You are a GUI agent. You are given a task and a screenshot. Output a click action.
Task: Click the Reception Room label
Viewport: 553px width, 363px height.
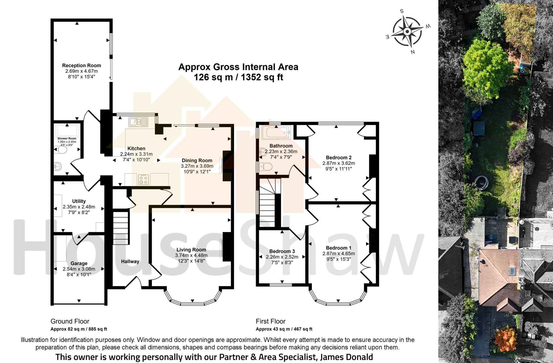tap(82, 65)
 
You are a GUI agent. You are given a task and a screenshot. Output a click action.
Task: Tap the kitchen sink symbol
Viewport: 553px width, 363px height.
tap(138, 122)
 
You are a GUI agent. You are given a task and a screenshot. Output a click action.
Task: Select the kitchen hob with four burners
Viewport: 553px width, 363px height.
tap(143, 180)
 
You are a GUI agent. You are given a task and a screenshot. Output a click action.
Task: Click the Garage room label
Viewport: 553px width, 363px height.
tap(79, 263)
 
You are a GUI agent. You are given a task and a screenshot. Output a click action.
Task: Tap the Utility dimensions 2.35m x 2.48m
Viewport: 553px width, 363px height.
tap(79, 207)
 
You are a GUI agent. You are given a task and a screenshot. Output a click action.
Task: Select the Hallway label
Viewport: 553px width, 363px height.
tap(130, 261)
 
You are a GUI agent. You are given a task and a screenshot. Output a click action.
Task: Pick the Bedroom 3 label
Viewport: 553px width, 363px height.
tap(282, 251)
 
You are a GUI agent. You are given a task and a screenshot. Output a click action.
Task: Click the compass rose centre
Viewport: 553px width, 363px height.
tap(407, 32)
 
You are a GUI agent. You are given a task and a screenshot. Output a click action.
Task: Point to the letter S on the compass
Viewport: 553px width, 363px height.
tap(402, 11)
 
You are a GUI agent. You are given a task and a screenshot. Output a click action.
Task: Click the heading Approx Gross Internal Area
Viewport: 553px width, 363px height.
tap(238, 67)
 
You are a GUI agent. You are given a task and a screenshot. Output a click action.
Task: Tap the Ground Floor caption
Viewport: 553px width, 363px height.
tap(70, 321)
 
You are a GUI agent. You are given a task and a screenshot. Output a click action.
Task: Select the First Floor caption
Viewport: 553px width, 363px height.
tap(271, 321)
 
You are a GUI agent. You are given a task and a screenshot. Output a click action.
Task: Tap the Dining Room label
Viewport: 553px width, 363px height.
tap(197, 161)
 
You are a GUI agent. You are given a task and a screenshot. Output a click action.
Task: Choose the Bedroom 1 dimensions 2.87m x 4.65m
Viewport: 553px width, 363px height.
tap(339, 253)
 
